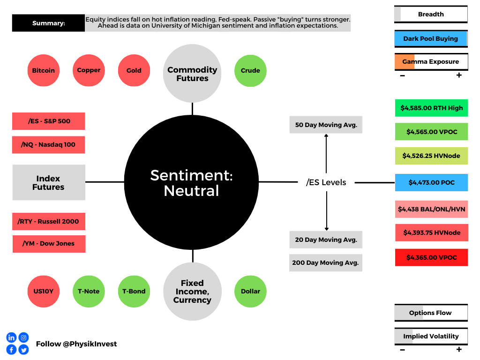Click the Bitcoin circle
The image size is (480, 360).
pos(44,70)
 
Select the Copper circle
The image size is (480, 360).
pos(89,70)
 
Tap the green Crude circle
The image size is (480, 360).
pos(250,71)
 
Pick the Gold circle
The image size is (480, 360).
pos(134,70)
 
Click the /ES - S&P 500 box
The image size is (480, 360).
pos(49,121)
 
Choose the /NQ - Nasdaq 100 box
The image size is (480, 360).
pos(48,145)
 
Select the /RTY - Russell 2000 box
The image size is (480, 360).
pos(49,221)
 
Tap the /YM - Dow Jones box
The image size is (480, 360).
pos(49,244)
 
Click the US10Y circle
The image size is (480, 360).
pos(44,292)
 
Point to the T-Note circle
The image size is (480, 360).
pos(89,292)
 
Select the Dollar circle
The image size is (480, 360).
pos(250,292)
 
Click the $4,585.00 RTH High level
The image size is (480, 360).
pos(432,108)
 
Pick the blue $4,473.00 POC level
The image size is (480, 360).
pos(432,182)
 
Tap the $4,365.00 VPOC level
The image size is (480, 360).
pos(432,257)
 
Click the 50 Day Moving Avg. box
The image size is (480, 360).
pos(326,125)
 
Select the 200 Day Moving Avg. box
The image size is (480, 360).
pos(326,262)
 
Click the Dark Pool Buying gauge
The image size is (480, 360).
pos(431,39)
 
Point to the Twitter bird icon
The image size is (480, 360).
pos(23,349)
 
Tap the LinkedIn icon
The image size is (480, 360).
pos(11,337)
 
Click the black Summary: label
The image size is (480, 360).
pos(48,23)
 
